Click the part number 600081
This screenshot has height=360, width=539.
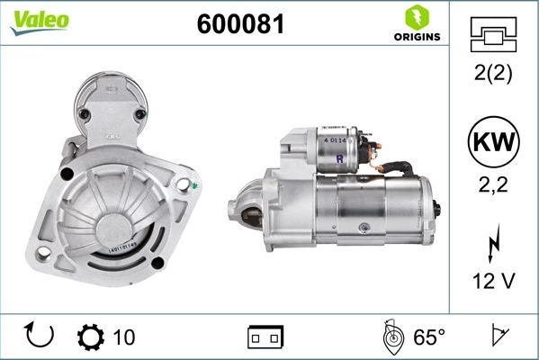(240, 25)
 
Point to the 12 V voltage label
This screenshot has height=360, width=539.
(492, 283)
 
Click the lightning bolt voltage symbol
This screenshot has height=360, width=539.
(492, 244)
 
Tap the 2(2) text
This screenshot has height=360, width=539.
(492, 75)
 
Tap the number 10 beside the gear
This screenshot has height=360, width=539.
(124, 337)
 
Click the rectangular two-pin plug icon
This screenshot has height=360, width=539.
(265, 337)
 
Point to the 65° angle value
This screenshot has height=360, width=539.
(429, 337)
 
